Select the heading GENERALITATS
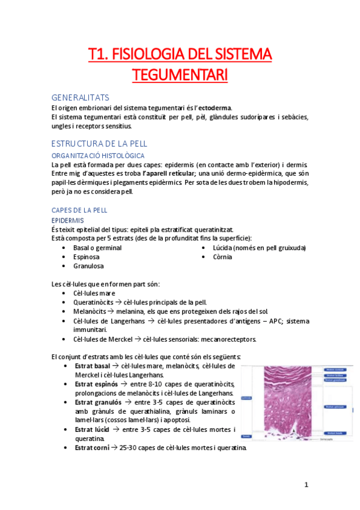coord(81,97)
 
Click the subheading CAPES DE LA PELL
coord(79,210)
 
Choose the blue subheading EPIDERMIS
coord(67,220)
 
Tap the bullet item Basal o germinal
coord(97,247)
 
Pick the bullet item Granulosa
coord(88,265)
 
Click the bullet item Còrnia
coord(222,257)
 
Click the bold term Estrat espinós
coord(98,384)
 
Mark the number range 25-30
coord(129,447)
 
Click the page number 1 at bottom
coord(306,484)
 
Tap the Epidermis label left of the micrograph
coord(246,398)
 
